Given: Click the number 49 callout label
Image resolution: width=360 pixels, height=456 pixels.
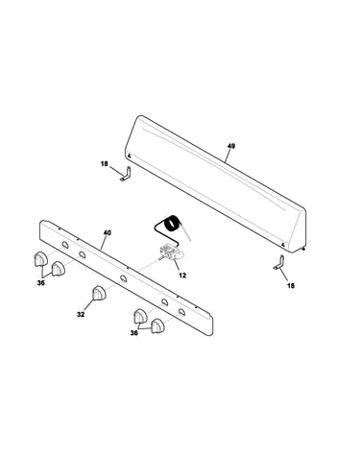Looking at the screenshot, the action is pos(231,146).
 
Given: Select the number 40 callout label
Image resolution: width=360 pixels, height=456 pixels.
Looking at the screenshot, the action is pos(108,233).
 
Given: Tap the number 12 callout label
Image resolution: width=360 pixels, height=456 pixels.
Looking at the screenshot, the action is pos(182,276).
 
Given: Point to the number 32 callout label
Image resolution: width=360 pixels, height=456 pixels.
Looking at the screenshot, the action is pos(81,315).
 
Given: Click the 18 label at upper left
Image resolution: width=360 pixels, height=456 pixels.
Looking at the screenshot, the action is pos(105,164).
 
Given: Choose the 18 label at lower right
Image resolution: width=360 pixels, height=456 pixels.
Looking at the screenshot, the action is pos(291,285).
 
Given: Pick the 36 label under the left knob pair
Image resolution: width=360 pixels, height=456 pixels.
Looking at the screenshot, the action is pos(41,283).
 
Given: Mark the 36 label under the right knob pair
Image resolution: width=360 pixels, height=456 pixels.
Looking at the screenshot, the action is pos(134,333).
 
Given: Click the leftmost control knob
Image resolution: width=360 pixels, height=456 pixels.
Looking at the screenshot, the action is pos(40,259).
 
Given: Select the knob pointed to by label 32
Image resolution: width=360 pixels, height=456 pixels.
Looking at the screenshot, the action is pos(99,293).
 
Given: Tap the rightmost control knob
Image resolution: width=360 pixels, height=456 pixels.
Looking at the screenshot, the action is pos(157,326).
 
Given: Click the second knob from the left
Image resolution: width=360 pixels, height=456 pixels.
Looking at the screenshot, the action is pos(58,269).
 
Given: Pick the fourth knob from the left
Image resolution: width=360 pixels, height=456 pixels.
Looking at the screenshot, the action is pos(140,316).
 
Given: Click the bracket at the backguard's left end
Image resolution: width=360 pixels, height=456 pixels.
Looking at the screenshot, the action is pos(126,174).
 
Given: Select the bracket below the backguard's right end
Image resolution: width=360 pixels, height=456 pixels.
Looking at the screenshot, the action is pos(279,262).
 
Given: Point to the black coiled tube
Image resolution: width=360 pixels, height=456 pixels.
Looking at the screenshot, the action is pos(172,224).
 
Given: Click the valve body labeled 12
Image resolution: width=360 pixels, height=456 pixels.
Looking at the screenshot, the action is pos(171,252).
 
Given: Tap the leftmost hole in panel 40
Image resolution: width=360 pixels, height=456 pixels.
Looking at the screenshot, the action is pos(65,245).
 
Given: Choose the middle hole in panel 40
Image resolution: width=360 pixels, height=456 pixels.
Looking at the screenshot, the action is pos(124,278).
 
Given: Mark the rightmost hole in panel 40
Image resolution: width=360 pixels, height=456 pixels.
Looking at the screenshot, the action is pos(182,312).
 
